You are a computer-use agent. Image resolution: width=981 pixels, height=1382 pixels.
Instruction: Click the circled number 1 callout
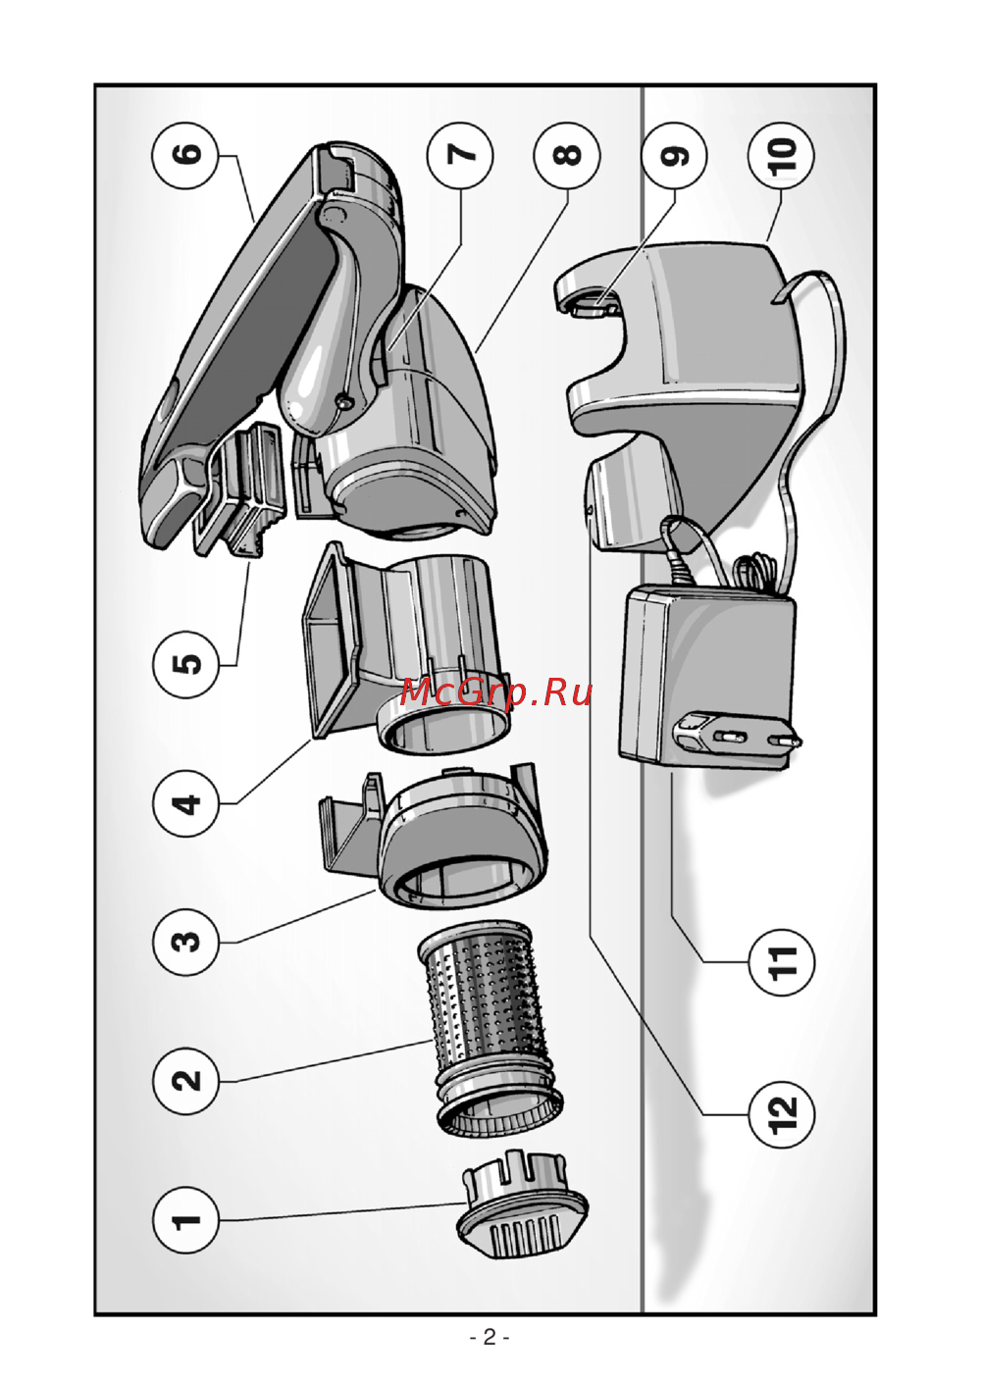(185, 1220)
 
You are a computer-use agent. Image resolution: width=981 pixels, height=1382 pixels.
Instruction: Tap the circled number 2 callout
(185, 1081)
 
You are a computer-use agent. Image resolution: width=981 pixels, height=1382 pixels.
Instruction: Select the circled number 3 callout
(185, 942)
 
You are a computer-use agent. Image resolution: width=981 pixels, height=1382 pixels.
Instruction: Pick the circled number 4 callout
(185, 803)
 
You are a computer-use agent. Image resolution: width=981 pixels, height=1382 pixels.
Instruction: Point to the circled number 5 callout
(185, 665)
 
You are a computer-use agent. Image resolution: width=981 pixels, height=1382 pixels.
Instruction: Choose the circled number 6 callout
(185, 155)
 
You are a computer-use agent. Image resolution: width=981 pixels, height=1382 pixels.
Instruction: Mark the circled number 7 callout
(460, 155)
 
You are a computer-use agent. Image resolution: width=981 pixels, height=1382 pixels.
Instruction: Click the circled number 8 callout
(567, 155)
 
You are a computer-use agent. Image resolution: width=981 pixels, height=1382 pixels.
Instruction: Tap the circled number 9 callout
(675, 155)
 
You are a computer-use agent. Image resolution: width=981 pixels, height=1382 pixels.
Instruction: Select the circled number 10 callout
(781, 155)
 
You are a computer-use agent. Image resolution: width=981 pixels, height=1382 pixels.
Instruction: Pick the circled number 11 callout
(781, 962)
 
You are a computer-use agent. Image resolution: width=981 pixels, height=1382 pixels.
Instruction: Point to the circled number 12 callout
(781, 1112)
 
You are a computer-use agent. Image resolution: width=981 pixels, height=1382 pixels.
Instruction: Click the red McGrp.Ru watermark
(496, 691)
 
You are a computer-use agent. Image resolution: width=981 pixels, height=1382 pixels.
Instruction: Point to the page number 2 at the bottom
(490, 1337)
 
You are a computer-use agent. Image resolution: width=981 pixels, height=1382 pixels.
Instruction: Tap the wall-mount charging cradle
(687, 392)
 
